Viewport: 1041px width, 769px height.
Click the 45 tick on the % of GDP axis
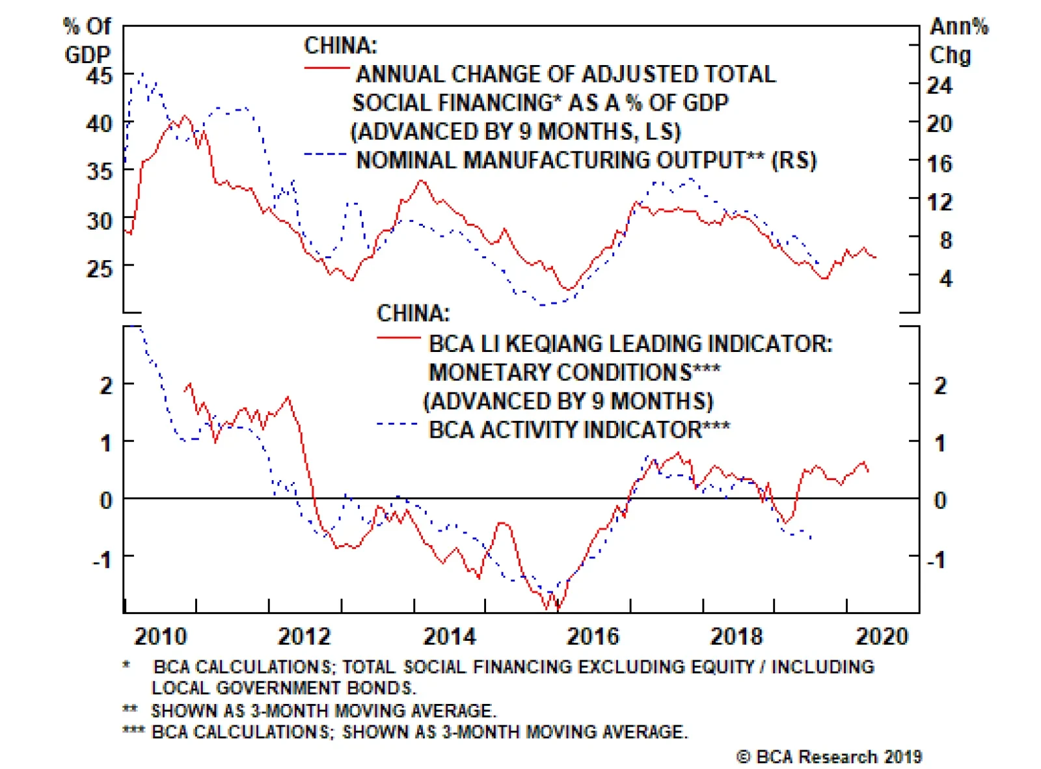click(99, 76)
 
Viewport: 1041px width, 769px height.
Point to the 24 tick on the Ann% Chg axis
click(939, 85)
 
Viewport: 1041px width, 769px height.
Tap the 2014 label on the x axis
click(450, 636)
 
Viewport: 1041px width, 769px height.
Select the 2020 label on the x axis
click(882, 636)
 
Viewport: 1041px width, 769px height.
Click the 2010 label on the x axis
click(160, 636)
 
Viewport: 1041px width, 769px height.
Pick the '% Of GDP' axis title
click(87, 40)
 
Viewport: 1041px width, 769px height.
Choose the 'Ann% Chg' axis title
click(958, 40)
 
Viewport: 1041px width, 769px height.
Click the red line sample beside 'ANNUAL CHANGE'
click(327, 68)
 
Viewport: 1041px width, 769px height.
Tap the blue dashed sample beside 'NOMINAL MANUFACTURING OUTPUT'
click(325, 154)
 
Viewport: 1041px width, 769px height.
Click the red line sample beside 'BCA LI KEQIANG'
click(399, 338)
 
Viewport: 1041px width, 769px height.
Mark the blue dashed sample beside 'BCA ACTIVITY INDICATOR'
click(398, 424)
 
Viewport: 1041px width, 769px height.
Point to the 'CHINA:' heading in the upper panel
click(340, 46)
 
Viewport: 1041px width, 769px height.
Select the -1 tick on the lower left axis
click(102, 559)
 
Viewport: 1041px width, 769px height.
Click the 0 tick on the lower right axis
click(940, 500)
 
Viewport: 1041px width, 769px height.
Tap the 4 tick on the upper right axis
click(945, 279)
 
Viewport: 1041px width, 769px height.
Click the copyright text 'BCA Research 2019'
click(830, 757)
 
